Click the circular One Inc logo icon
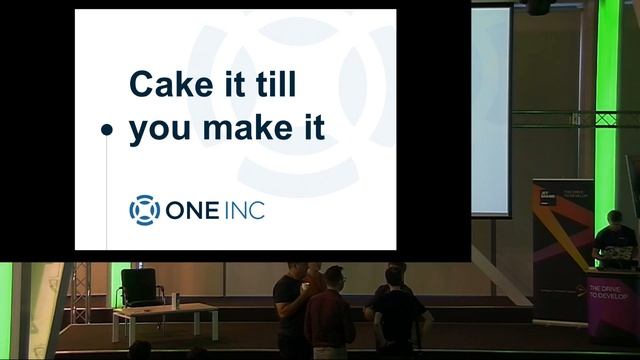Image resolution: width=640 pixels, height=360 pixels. (144, 210)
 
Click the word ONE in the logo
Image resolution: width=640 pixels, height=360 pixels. (194, 211)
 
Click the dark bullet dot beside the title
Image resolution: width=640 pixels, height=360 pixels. (107, 130)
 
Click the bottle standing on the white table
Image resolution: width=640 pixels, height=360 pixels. (176, 299)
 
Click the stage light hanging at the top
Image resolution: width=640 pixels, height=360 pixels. (537, 7)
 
